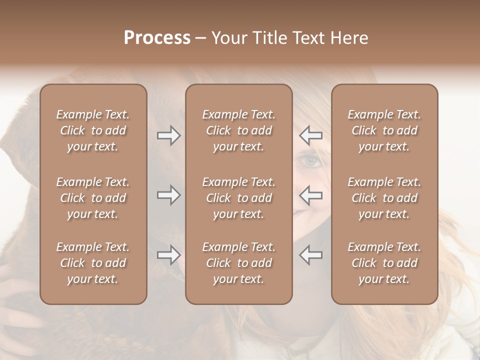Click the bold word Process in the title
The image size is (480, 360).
tap(157, 38)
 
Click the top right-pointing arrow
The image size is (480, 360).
tap(168, 135)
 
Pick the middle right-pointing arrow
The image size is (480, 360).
tap(168, 195)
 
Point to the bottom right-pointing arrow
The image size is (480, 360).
tap(168, 255)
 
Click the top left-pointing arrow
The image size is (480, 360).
tap(310, 135)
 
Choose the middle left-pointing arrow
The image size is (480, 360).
tap(310, 195)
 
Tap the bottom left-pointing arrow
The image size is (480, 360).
tap(310, 255)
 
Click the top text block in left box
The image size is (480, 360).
tap(93, 130)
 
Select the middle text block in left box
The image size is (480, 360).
tap(93, 198)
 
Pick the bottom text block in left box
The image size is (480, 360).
tap(93, 263)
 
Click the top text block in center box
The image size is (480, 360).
tap(238, 130)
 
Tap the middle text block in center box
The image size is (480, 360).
tap(238, 198)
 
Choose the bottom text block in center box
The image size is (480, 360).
tap(238, 263)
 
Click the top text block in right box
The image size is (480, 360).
tap(384, 130)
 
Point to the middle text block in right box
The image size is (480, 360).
tap(384, 198)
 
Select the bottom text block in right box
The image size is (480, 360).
tap(384, 263)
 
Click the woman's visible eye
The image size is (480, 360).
tap(310, 161)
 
